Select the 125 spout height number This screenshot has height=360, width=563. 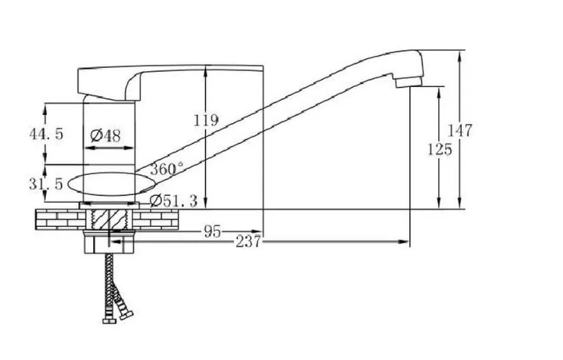pos(440,149)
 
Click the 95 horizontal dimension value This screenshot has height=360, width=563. pos(213,231)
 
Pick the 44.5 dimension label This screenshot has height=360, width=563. pos(46,134)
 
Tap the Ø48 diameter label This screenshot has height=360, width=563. pos(106,135)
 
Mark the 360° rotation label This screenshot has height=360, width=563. pos(166,169)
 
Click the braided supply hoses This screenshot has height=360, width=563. pos(114,280)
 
